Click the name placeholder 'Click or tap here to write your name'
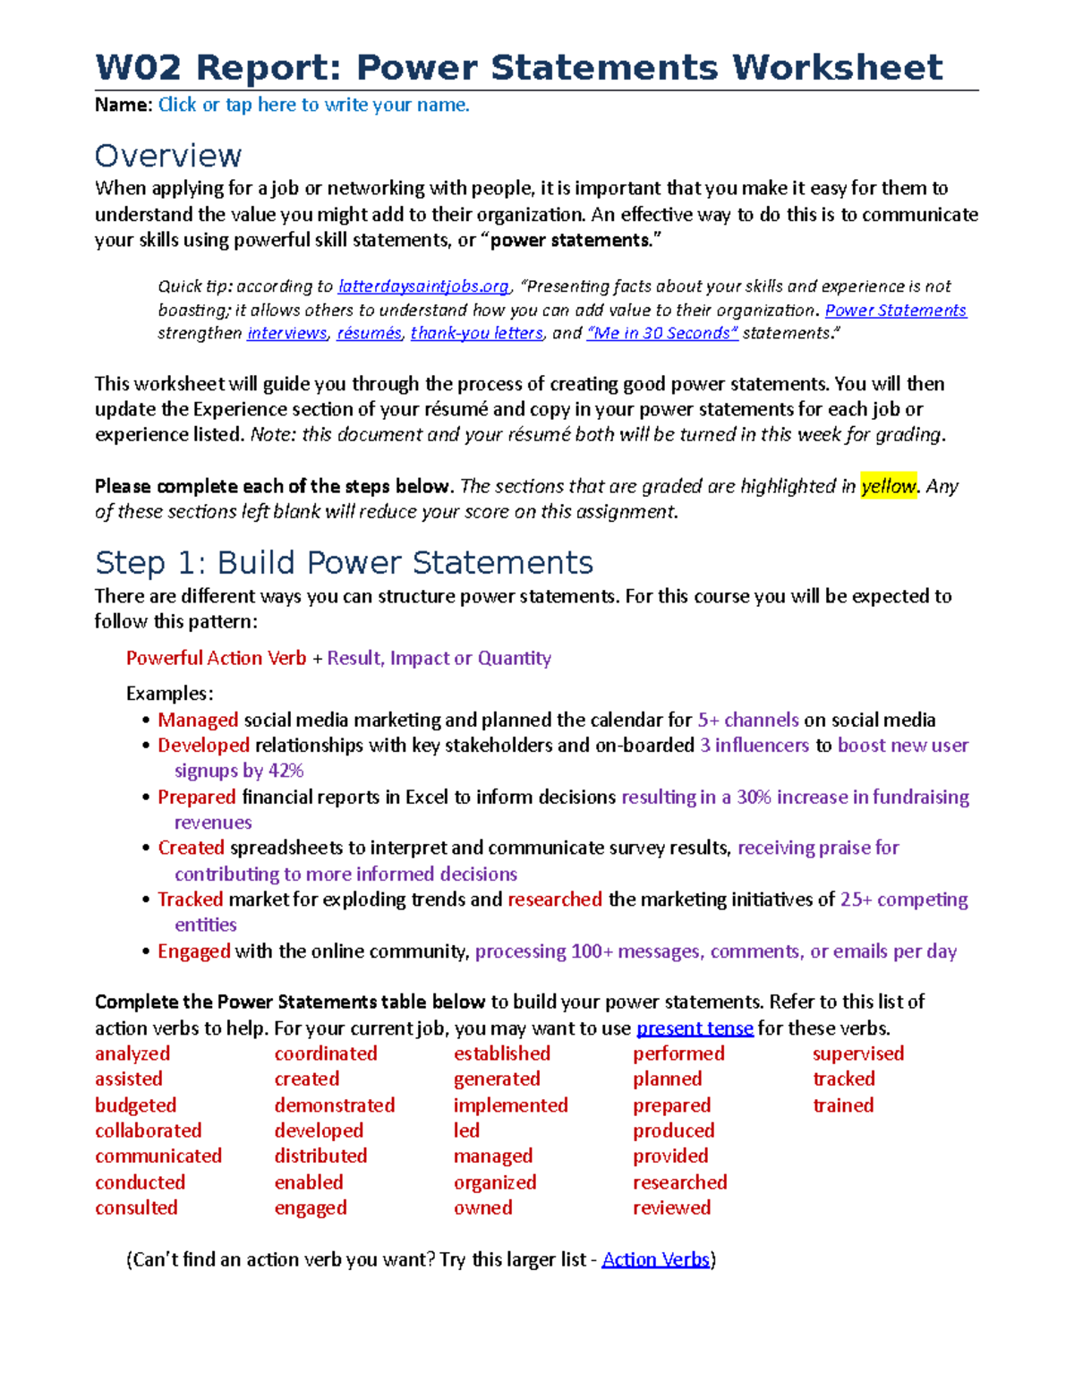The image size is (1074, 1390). coord(313,105)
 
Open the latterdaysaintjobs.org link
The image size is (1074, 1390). coord(422,286)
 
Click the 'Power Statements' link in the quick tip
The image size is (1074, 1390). coord(895,311)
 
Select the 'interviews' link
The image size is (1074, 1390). coord(286,333)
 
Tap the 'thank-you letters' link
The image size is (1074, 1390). coord(476,333)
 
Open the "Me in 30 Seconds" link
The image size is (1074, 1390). coord(662,333)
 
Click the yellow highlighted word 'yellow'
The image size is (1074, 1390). coord(888,486)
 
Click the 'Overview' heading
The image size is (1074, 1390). coord(168,156)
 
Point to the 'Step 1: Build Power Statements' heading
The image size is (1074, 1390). coord(344,563)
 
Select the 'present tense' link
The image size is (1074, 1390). coord(695,1028)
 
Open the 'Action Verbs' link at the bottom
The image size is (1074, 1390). coord(655,1259)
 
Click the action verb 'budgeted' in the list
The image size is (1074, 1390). coord(136,1105)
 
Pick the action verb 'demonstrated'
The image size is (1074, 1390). coord(335,1105)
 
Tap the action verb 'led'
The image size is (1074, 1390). coord(466,1130)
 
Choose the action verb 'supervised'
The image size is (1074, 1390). coord(858,1053)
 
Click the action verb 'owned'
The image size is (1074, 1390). coord(483,1207)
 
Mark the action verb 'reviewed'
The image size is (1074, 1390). coord(671,1207)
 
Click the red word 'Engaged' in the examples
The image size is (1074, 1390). coord(194,951)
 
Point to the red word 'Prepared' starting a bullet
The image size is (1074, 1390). coord(197,797)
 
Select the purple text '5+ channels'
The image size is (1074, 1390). coord(748,720)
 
